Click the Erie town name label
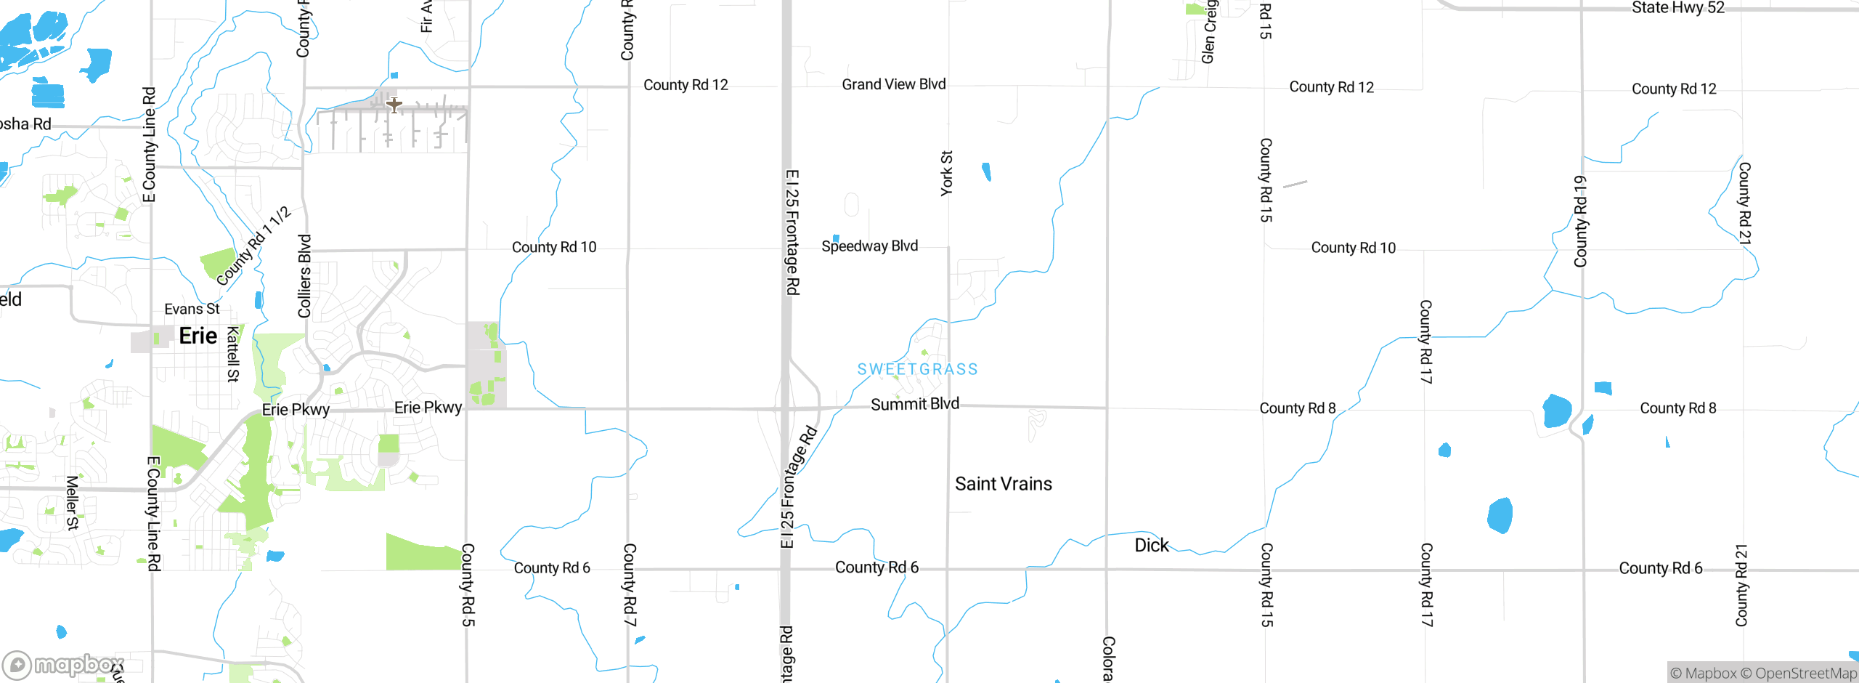(198, 336)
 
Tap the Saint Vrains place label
(1003, 484)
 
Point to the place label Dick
(1151, 545)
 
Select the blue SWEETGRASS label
(917, 369)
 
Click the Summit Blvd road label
(914, 404)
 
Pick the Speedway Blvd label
(869, 246)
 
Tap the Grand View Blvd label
(893, 84)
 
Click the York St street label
(946, 173)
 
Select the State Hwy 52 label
(1677, 8)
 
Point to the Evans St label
(192, 309)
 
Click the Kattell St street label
(233, 354)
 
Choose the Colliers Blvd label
(304, 276)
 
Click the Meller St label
(72, 502)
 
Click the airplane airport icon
(394, 105)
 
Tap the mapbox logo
(63, 664)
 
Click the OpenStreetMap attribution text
(1805, 674)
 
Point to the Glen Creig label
(1208, 32)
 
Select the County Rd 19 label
(1580, 222)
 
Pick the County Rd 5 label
(468, 584)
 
